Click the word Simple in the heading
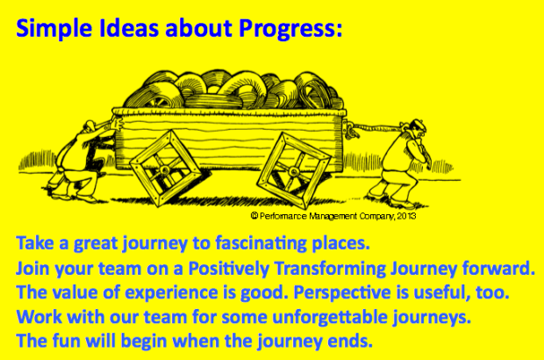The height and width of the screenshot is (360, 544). coord(49,29)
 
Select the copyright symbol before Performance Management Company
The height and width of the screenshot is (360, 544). coord(254,214)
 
